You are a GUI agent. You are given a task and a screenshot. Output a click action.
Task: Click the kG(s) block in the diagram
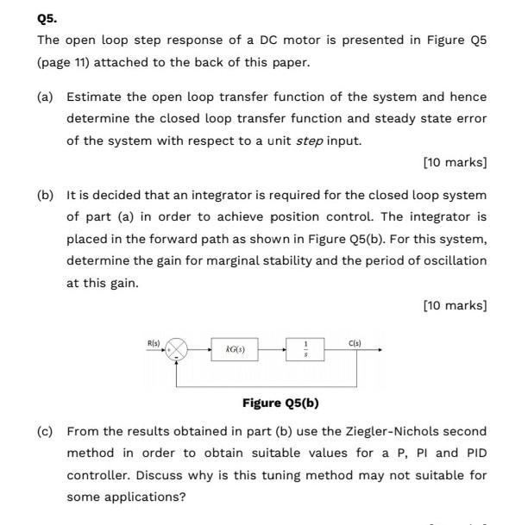pyautogui.click(x=235, y=350)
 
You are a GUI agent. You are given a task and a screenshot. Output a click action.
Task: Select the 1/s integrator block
pyautogui.click(x=304, y=351)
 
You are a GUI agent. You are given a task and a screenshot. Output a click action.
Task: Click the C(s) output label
pyautogui.click(x=354, y=343)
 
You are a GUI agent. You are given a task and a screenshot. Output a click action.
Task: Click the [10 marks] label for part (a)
pyautogui.click(x=456, y=162)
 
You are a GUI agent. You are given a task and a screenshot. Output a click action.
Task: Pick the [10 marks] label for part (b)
pyautogui.click(x=456, y=304)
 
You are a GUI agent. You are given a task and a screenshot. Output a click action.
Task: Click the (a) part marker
pyautogui.click(x=45, y=97)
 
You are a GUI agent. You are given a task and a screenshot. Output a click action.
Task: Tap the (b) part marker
pyautogui.click(x=45, y=196)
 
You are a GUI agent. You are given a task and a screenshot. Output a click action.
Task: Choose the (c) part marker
pyautogui.click(x=45, y=431)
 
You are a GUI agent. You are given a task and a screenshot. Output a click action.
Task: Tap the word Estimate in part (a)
pyautogui.click(x=93, y=97)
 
